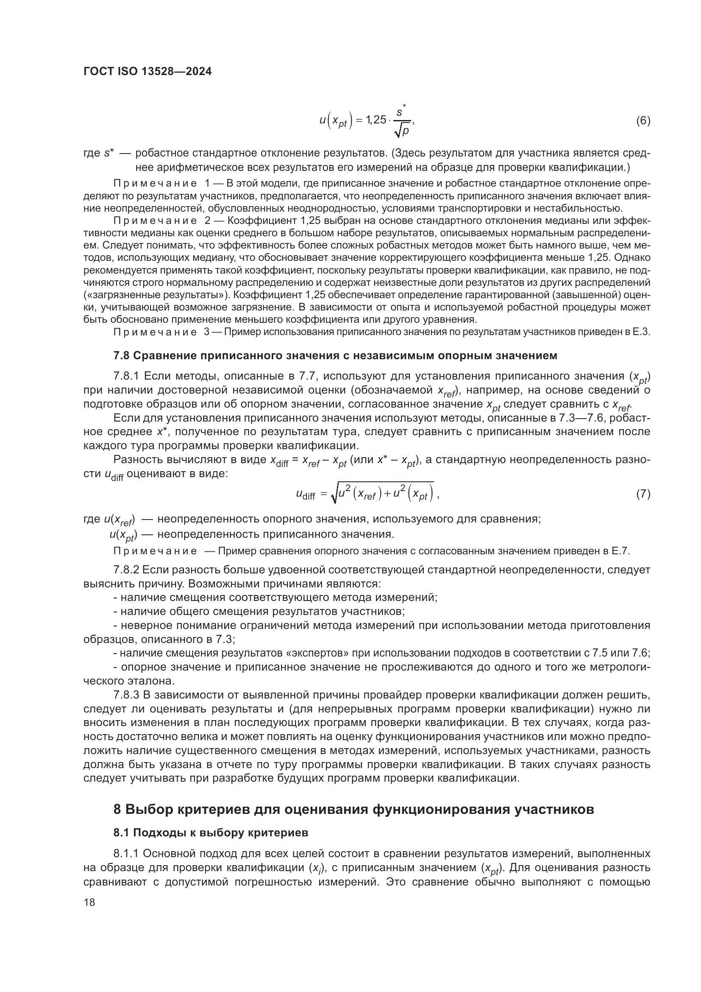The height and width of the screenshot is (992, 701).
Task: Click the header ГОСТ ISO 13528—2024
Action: pos(147,72)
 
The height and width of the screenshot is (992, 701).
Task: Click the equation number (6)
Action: pos(643,120)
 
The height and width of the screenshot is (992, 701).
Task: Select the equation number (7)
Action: pos(643,494)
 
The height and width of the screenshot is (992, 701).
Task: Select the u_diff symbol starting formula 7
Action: pos(306,495)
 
